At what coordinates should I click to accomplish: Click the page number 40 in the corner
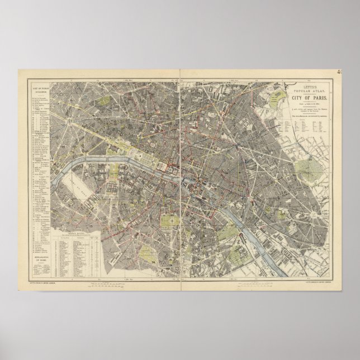[x=357, y=72]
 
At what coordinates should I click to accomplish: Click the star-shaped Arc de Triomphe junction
[x=68, y=120]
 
